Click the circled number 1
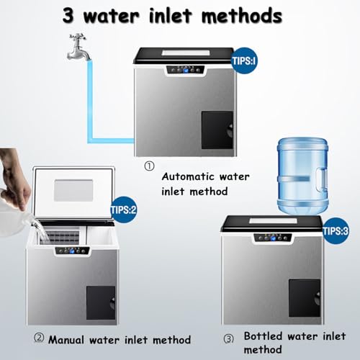[x=150, y=166]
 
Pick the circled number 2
[x=39, y=338]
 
